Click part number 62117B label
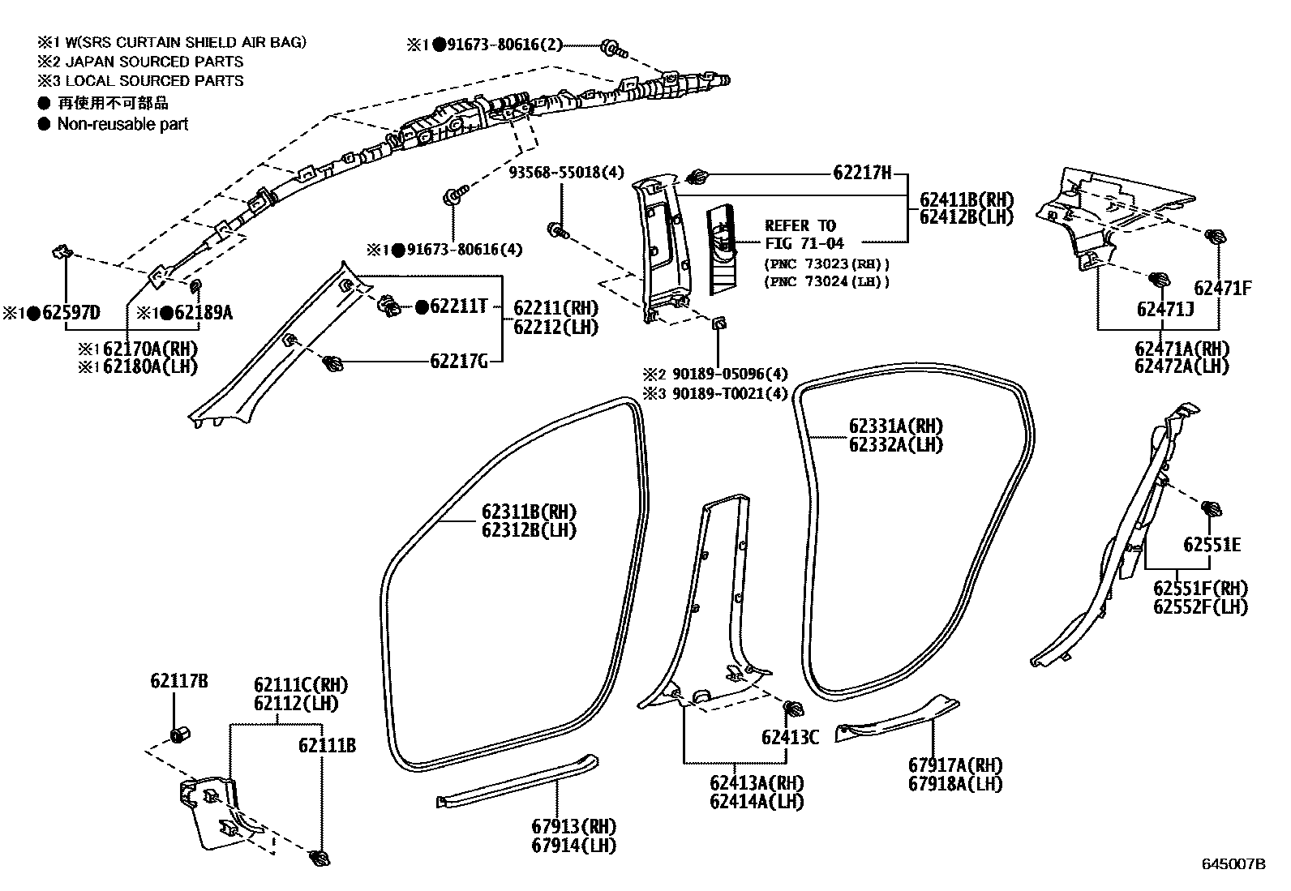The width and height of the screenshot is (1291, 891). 178,681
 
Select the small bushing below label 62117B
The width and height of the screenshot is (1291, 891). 179,735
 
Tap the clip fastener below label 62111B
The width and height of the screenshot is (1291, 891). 320,859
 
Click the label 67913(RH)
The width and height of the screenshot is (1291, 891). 574,827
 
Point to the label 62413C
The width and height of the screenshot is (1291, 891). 790,737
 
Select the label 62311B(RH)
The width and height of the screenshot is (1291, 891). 529,512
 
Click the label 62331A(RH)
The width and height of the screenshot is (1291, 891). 896,426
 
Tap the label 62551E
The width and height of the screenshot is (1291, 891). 1212,544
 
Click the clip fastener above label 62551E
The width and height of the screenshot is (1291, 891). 1212,509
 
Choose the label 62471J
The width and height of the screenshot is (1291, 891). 1164,309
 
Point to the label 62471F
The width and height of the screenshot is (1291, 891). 1222,288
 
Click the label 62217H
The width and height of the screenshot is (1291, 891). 862,173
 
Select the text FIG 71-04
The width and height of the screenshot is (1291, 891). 804,242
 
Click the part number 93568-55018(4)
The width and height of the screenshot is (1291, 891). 567,173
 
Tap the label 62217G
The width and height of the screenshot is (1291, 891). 458,362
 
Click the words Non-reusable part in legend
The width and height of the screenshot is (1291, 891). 122,124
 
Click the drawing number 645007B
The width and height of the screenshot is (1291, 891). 1233,864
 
